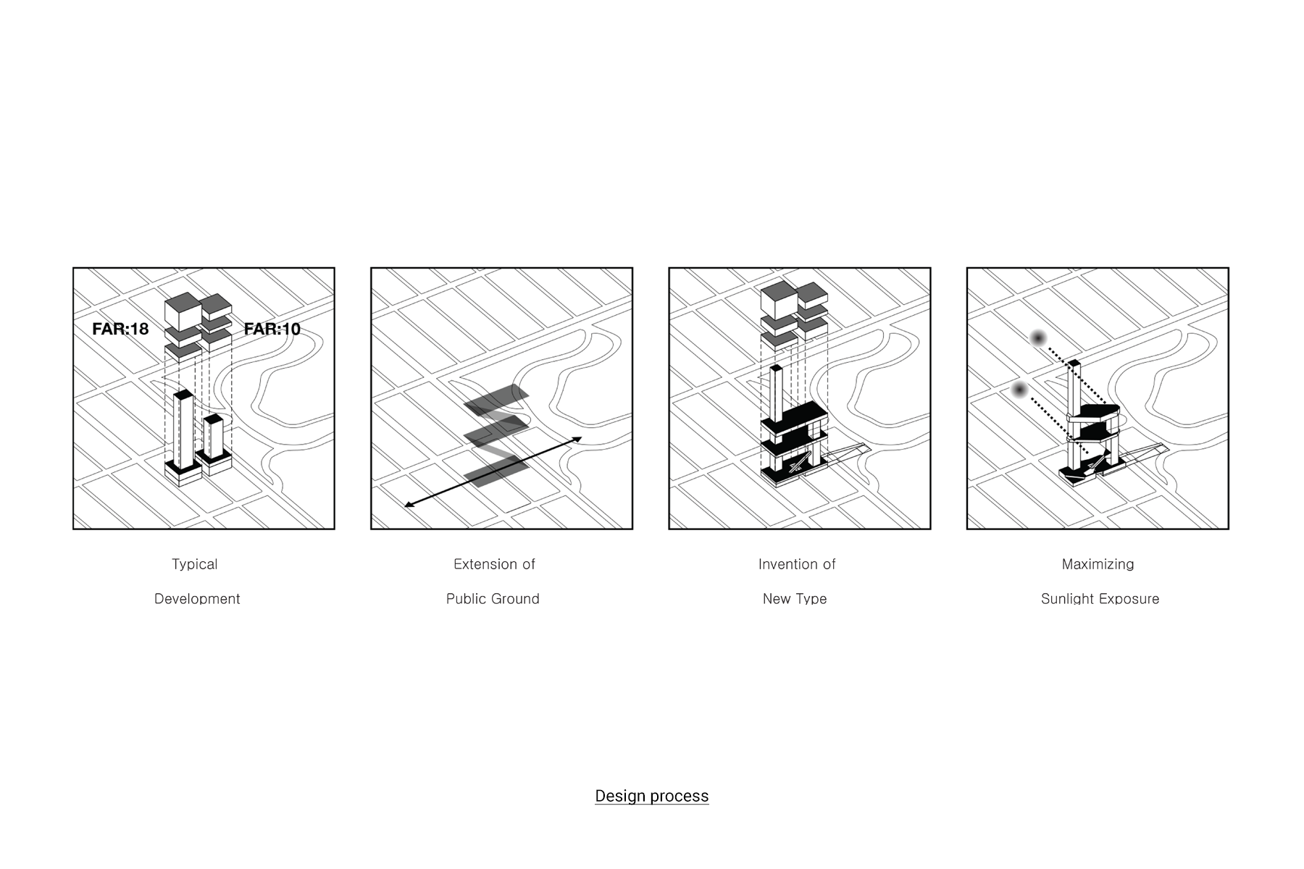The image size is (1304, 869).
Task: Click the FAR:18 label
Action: [x=120, y=329]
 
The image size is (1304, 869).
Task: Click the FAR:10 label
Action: [x=272, y=329]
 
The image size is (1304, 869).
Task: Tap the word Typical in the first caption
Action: [x=194, y=565]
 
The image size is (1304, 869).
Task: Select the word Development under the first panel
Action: [x=197, y=599]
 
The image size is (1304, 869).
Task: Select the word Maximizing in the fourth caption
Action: [x=1098, y=565]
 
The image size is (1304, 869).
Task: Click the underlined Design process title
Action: [x=652, y=797]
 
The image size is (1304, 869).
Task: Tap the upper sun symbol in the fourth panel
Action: [x=1038, y=338]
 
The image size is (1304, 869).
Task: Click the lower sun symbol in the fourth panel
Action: [x=1019, y=390]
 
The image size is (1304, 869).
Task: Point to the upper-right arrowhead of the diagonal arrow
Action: [x=577, y=438]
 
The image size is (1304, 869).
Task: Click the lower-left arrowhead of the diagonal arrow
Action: [x=408, y=505]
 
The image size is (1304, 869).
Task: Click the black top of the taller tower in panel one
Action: [x=183, y=394]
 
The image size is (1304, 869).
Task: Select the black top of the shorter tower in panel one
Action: [x=213, y=419]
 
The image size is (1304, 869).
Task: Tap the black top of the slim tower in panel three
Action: [x=776, y=368]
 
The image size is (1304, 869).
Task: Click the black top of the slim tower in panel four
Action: [x=1074, y=363]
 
